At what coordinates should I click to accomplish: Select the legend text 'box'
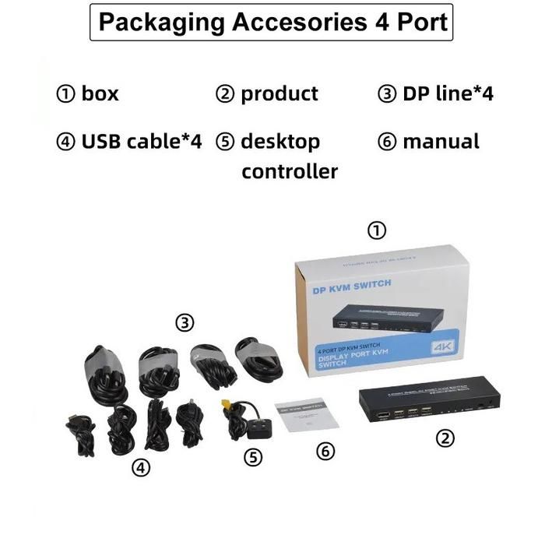point(100,94)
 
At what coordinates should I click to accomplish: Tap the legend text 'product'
point(279,94)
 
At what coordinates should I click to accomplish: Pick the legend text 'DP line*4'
point(448,94)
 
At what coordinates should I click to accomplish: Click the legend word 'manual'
point(441,142)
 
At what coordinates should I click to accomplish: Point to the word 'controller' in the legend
point(289,171)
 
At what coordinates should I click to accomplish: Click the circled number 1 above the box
point(377,230)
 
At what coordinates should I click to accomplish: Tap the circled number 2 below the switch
point(445,438)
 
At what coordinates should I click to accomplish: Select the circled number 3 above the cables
point(185,322)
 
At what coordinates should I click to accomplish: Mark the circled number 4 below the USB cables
point(140,467)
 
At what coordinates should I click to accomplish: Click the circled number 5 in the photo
point(253,457)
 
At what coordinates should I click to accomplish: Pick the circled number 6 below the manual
point(325,452)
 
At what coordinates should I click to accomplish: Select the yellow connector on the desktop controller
point(226,405)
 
